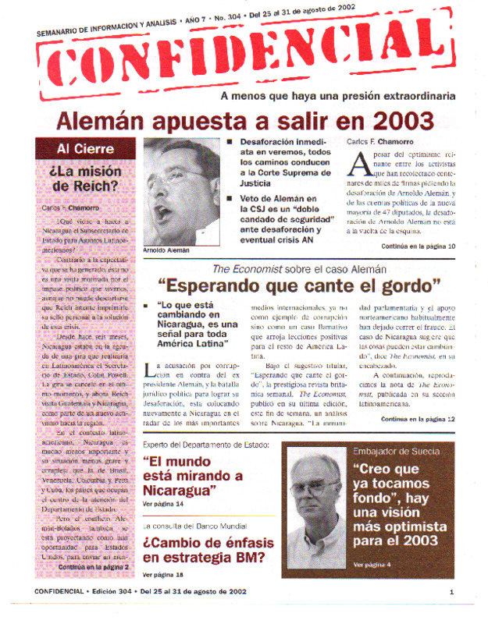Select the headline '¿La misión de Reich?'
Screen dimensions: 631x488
pyautogui.click(x=84, y=178)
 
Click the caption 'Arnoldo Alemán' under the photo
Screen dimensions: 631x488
pyautogui.click(x=166, y=250)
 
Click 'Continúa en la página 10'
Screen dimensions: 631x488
pyautogui.click(x=418, y=246)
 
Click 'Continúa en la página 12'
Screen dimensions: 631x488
pyautogui.click(x=418, y=419)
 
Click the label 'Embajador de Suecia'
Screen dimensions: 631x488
pyautogui.click(x=395, y=452)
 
